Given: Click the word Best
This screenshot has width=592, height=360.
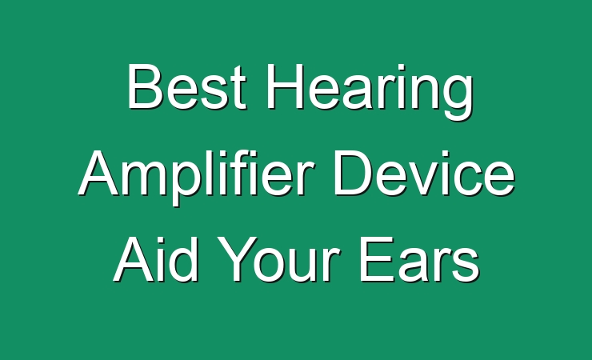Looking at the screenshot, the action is click(187, 86).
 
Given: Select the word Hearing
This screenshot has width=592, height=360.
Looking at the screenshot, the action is click(370, 92).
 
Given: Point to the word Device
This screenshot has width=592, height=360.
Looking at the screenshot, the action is click(424, 173).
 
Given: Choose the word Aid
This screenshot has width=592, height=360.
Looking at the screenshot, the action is click(155, 259).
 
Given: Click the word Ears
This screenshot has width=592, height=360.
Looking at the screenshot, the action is click(419, 259).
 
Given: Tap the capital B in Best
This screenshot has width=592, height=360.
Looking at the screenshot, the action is click(144, 86).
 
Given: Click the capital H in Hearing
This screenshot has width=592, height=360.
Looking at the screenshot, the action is click(285, 86).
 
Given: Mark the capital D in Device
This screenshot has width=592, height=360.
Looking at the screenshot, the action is click(352, 173).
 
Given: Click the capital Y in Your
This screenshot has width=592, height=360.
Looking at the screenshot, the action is click(237, 259).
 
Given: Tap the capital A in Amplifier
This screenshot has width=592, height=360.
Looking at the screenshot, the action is click(99, 173).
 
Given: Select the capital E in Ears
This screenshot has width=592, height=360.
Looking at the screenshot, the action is click(377, 259).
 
